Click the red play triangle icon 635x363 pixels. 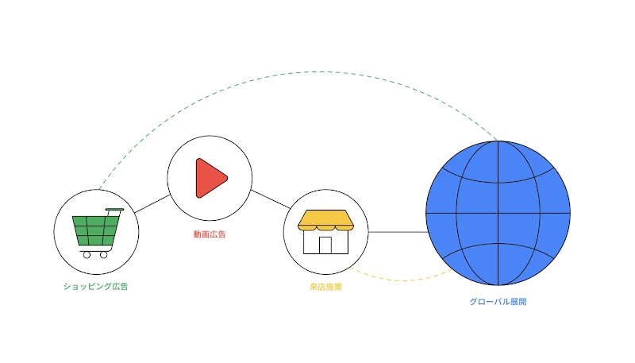click(x=210, y=178)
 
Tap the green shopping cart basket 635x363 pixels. click(x=95, y=230)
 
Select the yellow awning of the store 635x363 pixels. click(x=325, y=220)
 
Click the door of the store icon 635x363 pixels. click(x=325, y=245)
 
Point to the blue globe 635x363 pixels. click(x=498, y=213)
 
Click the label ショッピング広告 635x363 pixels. click(x=95, y=287)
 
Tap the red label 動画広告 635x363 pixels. click(x=210, y=234)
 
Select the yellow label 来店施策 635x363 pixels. click(x=325, y=287)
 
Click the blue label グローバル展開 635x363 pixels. click(x=498, y=301)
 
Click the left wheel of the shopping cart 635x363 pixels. click(x=87, y=255)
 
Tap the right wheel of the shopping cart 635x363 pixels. click(x=104, y=255)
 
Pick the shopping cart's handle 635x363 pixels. click(x=114, y=210)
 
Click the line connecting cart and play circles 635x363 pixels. click(x=152, y=204)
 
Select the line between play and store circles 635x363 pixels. click(x=271, y=199)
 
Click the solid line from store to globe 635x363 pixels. click(x=398, y=232)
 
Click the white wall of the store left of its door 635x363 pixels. click(x=311, y=242)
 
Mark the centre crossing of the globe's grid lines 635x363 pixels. click(x=498, y=213)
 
